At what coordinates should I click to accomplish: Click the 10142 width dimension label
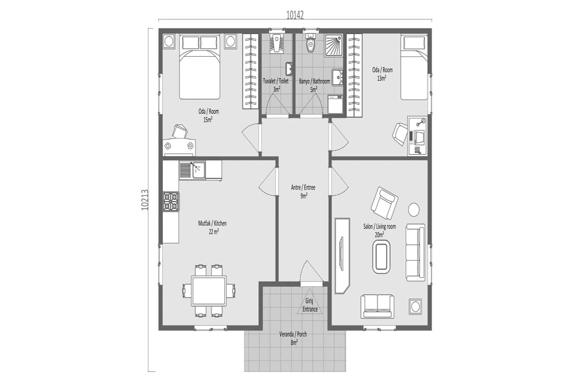[x=295, y=15]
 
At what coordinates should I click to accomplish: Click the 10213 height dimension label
[x=145, y=200]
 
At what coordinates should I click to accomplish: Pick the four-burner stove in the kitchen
[x=171, y=202]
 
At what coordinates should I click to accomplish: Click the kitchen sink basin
[x=199, y=170]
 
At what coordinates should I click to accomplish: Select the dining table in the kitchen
[x=209, y=291]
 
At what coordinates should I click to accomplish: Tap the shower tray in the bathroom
[x=334, y=45]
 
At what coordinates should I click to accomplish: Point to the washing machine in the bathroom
[x=335, y=105]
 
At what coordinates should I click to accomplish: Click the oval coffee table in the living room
[x=381, y=256]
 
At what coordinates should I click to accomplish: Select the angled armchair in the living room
[x=384, y=203]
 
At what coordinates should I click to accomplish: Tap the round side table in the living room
[x=414, y=210]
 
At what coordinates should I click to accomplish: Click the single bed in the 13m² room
[x=414, y=67]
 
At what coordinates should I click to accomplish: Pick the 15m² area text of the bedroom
[x=208, y=119]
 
